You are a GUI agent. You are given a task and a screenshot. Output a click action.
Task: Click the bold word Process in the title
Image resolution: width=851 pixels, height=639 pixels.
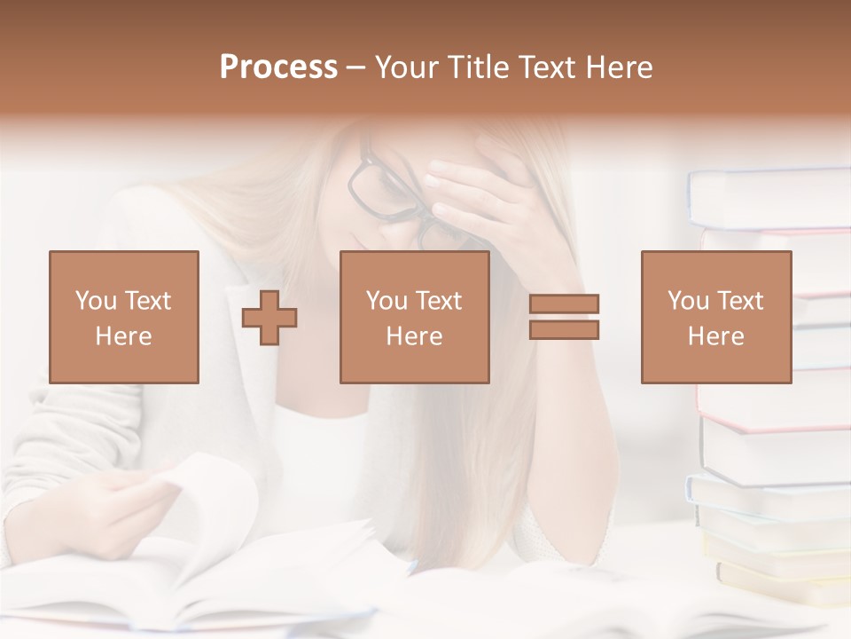(278, 67)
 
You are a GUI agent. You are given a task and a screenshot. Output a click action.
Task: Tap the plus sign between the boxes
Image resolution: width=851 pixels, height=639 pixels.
(269, 318)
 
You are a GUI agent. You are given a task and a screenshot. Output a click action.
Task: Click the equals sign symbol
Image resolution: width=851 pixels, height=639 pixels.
(564, 317)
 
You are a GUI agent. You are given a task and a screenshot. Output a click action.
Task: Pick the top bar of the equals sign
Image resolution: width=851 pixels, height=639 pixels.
(564, 304)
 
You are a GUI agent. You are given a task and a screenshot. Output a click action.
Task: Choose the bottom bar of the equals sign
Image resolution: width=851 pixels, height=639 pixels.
(564, 330)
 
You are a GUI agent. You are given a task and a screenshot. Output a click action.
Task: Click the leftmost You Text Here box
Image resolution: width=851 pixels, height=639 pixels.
(124, 317)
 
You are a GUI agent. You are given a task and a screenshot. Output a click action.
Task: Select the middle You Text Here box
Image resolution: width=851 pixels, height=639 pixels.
(415, 317)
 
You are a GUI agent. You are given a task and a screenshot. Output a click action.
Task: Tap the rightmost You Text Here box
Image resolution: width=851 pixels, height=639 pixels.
(716, 317)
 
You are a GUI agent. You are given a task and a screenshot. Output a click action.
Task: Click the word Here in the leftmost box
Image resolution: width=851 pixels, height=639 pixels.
(123, 336)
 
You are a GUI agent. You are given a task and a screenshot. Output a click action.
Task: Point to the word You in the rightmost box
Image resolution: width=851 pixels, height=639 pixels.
(688, 301)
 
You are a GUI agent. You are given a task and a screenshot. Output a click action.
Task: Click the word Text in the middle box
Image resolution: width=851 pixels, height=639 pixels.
(439, 301)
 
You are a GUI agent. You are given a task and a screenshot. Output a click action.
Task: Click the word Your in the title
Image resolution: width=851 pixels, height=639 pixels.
(406, 67)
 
